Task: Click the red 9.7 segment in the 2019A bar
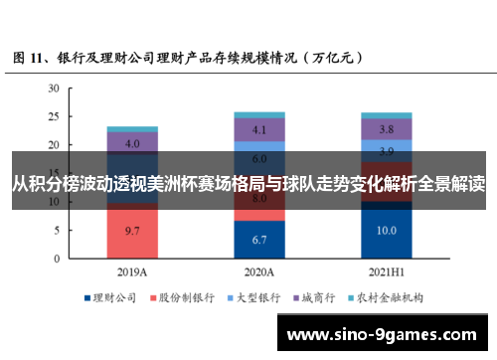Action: click(132, 230)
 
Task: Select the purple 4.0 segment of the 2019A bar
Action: click(132, 142)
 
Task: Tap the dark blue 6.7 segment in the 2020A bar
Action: click(259, 240)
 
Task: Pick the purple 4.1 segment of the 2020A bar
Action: click(259, 129)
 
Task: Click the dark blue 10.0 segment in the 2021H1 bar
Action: click(387, 230)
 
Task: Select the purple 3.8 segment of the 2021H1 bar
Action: click(387, 129)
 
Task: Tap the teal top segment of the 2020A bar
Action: click(259, 115)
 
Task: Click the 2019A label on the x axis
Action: click(132, 270)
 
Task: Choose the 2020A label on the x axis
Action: click(259, 270)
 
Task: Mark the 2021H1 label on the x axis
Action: click(387, 270)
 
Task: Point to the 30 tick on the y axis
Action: click(53, 89)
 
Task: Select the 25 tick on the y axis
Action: click(53, 116)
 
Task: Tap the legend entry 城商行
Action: click(322, 296)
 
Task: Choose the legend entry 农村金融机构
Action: click(391, 296)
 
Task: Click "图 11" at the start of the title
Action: click(27, 58)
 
